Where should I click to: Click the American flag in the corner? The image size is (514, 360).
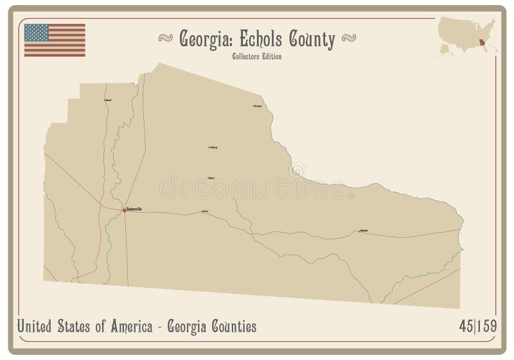pos(55,40)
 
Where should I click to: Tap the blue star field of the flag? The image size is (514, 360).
pos(36,32)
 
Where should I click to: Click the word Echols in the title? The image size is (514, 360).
pos(261,39)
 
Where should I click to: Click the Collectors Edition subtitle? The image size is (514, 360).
pos(257,56)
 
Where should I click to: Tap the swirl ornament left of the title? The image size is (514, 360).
pos(166,39)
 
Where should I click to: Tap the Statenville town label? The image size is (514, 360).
pos(135,209)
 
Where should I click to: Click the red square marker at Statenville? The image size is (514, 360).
pos(124,210)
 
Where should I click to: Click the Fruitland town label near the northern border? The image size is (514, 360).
pos(258,106)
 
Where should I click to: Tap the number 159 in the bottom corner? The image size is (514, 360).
pos(486,327)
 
